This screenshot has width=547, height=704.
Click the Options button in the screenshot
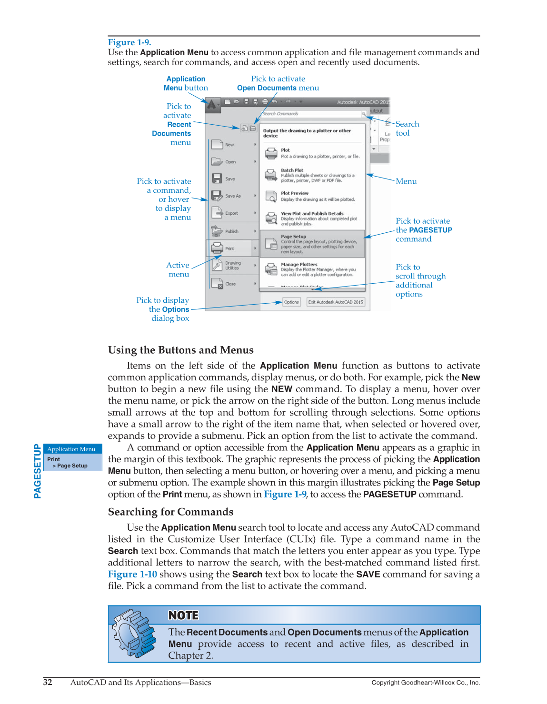291,302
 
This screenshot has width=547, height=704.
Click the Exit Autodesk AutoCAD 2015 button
336,302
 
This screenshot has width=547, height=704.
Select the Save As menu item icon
217,196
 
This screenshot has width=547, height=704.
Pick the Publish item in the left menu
231,231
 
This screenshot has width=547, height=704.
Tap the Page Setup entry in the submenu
312,244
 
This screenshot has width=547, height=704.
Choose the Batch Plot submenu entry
312,175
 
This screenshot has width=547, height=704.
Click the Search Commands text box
309,114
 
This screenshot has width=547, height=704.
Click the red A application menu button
212,104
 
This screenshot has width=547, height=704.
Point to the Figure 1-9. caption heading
129,42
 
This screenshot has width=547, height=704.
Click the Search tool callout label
407,129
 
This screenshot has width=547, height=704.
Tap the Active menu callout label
178,269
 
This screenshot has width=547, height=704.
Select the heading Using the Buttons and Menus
180,350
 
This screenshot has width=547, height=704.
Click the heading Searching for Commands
170,512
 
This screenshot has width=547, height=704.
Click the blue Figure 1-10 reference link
132,574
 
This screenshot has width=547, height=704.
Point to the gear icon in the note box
134,634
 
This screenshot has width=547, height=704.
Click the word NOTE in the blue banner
183,615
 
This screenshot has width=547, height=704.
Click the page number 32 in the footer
48,682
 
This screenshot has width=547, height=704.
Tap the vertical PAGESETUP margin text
37,471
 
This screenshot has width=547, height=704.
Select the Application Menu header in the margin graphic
71,449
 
